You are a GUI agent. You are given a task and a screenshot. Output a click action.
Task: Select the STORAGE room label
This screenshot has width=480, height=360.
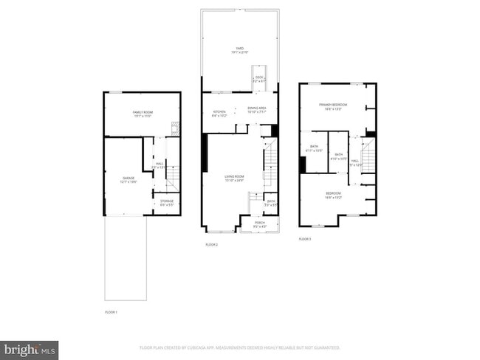pyautogui.click(x=168, y=203)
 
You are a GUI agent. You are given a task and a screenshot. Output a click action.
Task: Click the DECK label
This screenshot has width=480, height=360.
pyautogui.click(x=259, y=78)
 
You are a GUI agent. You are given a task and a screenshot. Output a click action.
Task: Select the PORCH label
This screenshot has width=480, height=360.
pyautogui.click(x=260, y=223)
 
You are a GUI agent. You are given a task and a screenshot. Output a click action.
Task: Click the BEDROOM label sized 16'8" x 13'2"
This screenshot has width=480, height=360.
pyautogui.click(x=334, y=195)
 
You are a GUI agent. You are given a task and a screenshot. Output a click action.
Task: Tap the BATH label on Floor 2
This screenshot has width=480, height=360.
pyautogui.click(x=271, y=202)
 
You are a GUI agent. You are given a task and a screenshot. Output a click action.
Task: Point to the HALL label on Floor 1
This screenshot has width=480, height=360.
pyautogui.click(x=160, y=165)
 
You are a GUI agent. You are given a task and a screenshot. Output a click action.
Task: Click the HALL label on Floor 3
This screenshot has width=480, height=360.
pyautogui.click(x=355, y=162)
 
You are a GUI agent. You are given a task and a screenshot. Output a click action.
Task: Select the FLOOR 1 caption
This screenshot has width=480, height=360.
pyautogui.click(x=112, y=312)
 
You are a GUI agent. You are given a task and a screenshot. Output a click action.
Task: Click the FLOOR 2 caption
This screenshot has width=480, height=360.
pyautogui.click(x=212, y=244)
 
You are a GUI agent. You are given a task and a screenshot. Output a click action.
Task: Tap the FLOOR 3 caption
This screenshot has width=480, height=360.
pyautogui.click(x=305, y=239)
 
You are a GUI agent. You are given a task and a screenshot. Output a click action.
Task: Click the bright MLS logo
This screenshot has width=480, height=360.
pyautogui.click(x=30, y=347)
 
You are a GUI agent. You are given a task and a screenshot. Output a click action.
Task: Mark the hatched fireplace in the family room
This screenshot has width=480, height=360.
pyautogui.click(x=176, y=126)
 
